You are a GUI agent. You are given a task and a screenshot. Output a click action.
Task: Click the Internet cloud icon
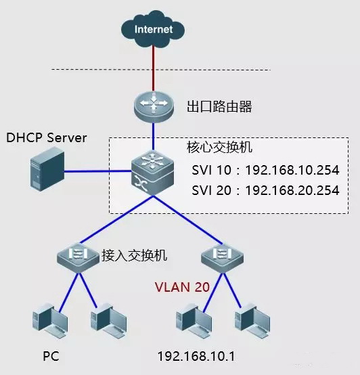[154, 29]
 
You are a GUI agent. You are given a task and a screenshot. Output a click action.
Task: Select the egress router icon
[154, 106]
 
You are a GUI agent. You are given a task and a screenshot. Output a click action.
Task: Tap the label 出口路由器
[215, 106]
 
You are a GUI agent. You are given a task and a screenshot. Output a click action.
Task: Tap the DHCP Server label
[47, 138]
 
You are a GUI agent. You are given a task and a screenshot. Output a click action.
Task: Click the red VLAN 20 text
[181, 286]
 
